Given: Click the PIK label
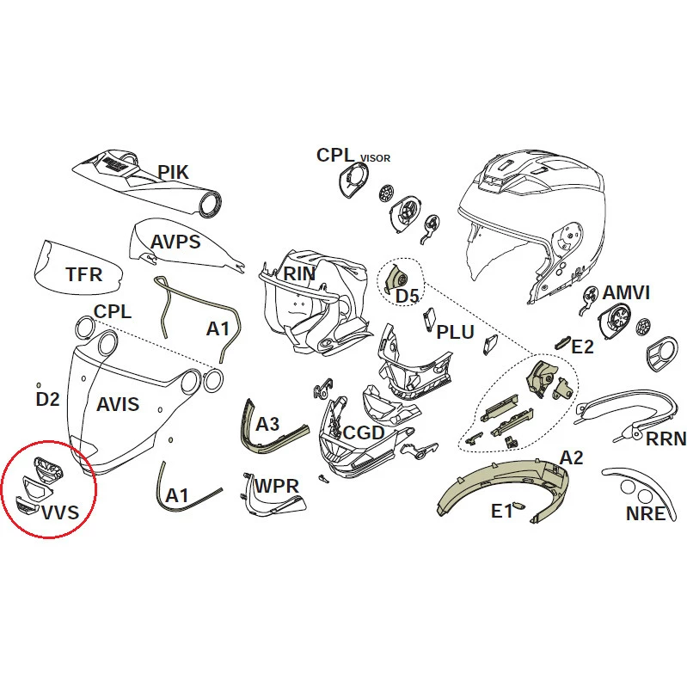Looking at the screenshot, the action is pos(174,172).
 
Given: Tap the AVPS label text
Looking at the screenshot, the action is pos(175,242).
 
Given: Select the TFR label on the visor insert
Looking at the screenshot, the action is pos(84,274).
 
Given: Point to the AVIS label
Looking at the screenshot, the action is pos(118,404).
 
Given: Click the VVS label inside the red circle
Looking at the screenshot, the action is pos(60,512).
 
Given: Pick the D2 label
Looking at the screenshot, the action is pos(48,399).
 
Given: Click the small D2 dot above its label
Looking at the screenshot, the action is pos(39,385).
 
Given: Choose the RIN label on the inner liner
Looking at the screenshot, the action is pos(299,273).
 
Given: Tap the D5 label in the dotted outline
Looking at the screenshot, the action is pos(408,296).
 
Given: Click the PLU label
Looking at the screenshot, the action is pos(455,332).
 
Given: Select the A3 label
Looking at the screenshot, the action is pos(267,424).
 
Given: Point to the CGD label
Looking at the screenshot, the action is pos(364,432).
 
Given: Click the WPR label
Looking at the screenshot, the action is pos(277,486).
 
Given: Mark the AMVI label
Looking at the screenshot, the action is pos(626,292).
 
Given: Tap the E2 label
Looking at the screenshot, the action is pos(583,347).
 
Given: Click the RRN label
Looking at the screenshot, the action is pos(666,439).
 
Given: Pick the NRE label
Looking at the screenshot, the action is pos(646,514).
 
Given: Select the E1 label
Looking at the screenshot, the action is pos(502,511).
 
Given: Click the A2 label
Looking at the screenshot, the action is pos(572,457).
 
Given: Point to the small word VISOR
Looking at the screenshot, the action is pos(375,158).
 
